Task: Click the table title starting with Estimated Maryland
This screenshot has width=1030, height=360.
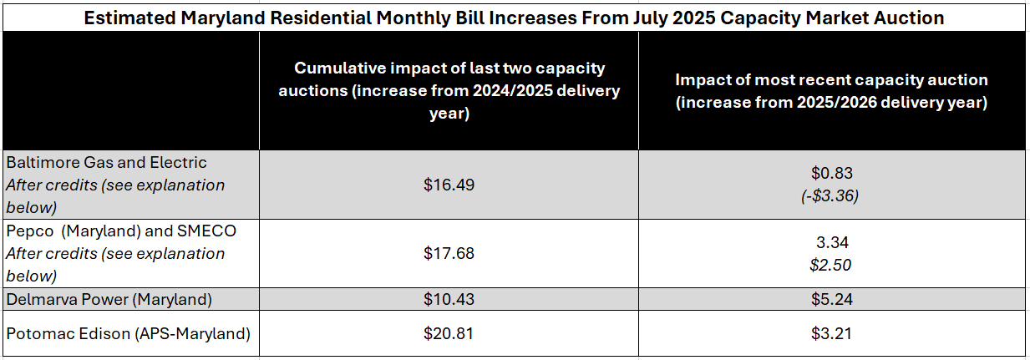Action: click(515, 17)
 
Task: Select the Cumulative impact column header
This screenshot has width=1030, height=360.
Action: click(449, 90)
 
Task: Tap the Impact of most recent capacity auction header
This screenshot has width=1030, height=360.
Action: click(831, 91)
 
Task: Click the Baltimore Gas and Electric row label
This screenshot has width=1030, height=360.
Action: click(106, 162)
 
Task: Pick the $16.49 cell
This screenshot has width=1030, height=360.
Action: click(449, 185)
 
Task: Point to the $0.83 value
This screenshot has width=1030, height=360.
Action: click(831, 174)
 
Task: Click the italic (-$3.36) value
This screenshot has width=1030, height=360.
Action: click(831, 196)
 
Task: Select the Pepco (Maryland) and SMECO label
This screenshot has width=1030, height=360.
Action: click(121, 231)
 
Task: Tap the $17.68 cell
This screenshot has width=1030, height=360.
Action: click(449, 252)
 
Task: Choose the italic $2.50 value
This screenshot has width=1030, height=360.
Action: click(832, 265)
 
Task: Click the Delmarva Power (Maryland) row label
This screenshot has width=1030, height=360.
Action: click(109, 299)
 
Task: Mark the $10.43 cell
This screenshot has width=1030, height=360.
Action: click(449, 299)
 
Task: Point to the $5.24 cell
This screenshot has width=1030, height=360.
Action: click(831, 299)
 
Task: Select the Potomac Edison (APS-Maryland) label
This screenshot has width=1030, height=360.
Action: click(128, 334)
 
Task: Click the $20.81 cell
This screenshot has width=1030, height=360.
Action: click(449, 334)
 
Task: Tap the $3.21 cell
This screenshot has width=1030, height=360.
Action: click(831, 334)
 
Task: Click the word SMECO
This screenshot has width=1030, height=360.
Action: click(205, 231)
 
